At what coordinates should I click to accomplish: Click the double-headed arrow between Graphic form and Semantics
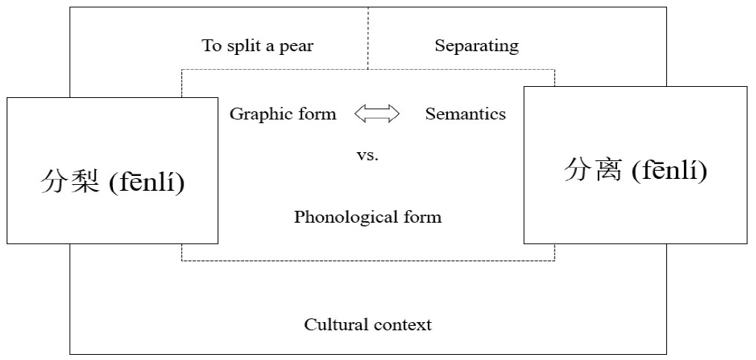[x=377, y=114]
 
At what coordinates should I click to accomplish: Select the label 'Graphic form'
[x=282, y=114]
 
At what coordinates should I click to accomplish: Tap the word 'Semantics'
[x=465, y=114]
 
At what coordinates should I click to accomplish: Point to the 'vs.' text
[x=368, y=156]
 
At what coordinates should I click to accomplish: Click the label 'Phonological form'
[x=368, y=217]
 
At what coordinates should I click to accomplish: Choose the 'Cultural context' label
[x=368, y=324]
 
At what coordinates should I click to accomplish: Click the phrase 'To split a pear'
[x=258, y=46]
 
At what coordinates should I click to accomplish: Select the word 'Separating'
[x=477, y=46]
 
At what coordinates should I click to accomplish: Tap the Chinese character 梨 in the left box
[x=85, y=181]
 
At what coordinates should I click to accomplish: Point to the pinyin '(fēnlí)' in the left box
[x=146, y=181]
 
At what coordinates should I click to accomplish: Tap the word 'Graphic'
[x=257, y=114]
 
